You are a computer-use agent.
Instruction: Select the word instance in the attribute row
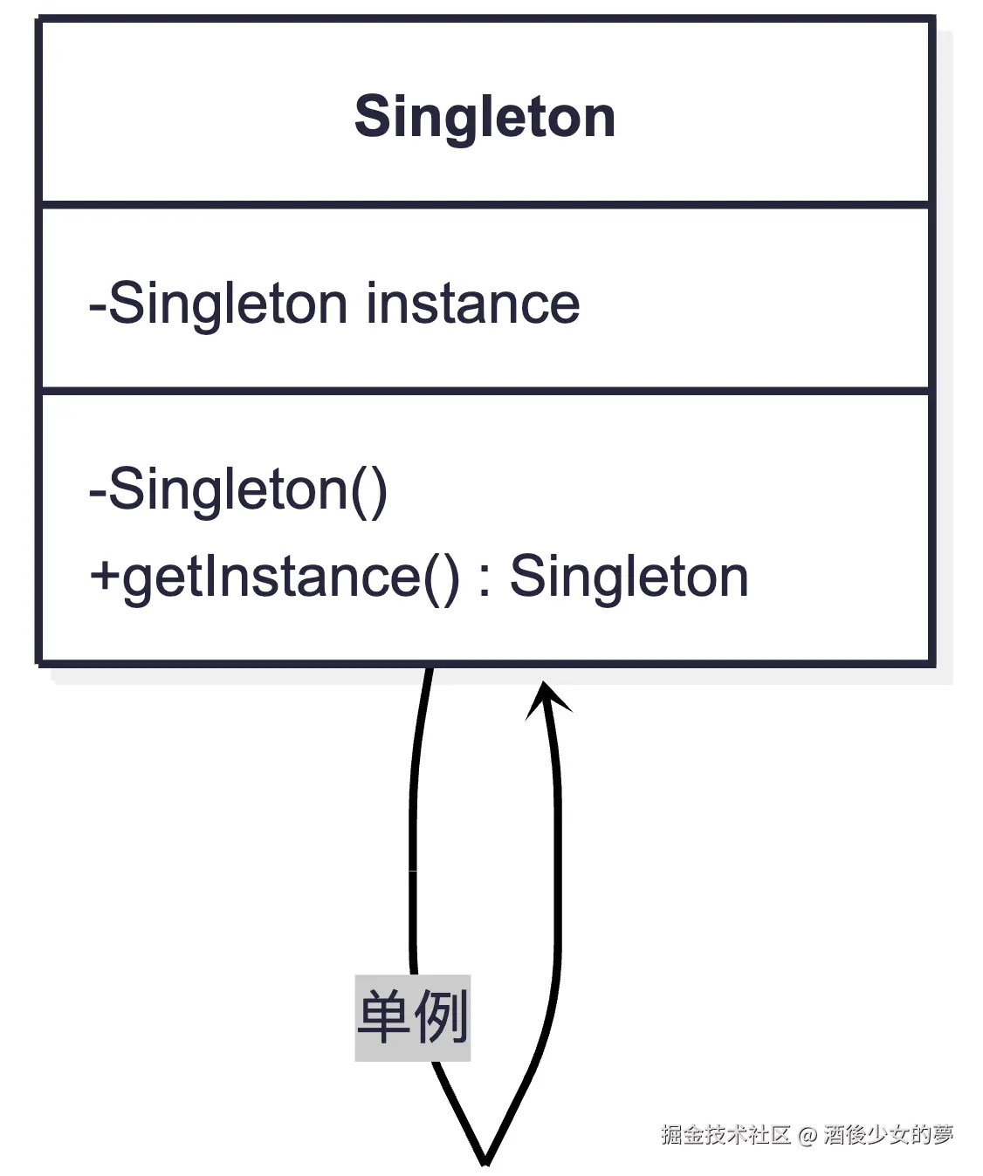[472, 304]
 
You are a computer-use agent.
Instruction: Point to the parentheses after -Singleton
[369, 490]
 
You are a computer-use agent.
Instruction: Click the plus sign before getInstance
[104, 576]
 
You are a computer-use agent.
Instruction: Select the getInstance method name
[272, 578]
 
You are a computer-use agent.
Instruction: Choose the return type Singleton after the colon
[629, 577]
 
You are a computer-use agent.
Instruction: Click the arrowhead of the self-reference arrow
[547, 699]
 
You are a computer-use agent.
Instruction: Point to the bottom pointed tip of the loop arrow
[485, 1160]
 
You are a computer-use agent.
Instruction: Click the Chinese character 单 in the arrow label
[384, 1017]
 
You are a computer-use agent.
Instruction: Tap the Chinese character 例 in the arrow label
[441, 1017]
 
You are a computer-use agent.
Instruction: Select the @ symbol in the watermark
[807, 1135]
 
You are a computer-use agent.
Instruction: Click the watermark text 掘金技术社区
[725, 1134]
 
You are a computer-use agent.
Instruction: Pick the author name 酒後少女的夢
[888, 1134]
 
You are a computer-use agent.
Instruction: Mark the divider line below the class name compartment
[485, 206]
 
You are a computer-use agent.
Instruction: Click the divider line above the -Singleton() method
[485, 391]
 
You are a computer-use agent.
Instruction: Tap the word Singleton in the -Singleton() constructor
[228, 490]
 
